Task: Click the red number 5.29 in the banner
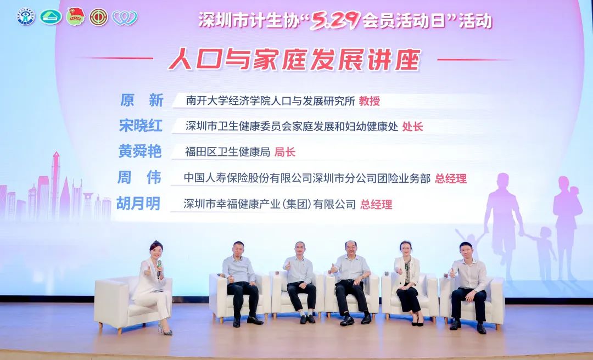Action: coord(335,21)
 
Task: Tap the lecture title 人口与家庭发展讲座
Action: coord(295,60)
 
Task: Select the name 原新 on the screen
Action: coord(142,100)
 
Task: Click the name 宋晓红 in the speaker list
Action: coord(141,126)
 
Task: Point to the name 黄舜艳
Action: coord(140,151)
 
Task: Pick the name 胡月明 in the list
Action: coord(138,204)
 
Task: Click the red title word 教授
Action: coord(370,101)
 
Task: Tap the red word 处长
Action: coord(412,126)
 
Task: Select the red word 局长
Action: coord(285,152)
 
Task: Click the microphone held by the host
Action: coord(159,268)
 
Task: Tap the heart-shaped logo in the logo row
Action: coord(125,18)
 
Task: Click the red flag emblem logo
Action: coord(76,16)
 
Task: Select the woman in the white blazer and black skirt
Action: coord(407,282)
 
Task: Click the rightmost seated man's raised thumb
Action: coord(451,273)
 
